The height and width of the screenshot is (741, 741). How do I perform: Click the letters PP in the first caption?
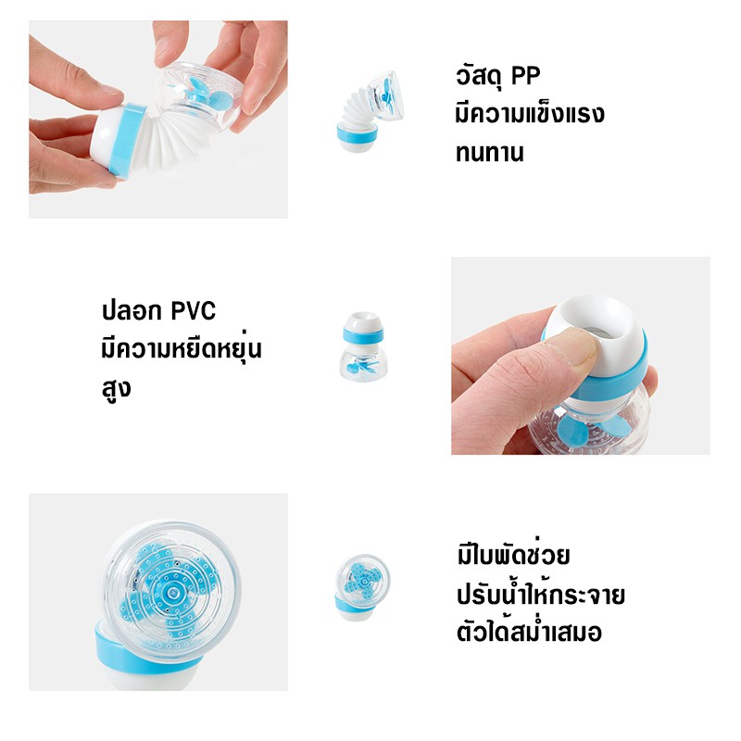[x=525, y=76]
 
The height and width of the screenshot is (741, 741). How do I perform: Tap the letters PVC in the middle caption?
[x=193, y=311]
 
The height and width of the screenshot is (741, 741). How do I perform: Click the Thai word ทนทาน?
[x=490, y=153]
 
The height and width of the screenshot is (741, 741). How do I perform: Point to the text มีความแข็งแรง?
[x=530, y=113]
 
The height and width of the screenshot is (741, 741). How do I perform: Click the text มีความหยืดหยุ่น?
[x=182, y=348]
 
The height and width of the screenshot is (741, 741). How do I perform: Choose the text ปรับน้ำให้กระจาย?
[x=541, y=594]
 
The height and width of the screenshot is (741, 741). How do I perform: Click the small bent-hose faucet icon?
[x=370, y=111]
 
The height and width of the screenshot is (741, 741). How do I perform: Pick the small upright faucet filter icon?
[x=363, y=345]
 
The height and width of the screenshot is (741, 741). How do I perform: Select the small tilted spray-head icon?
[x=362, y=586]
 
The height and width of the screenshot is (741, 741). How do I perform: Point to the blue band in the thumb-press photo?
[x=609, y=378]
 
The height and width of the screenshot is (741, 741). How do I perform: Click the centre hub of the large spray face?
[x=170, y=592]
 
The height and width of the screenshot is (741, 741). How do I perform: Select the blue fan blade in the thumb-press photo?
[x=572, y=433]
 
